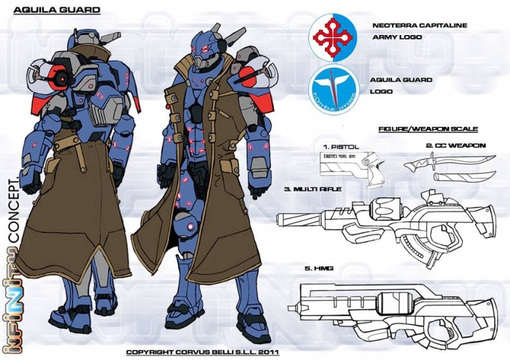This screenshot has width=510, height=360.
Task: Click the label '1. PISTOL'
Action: click(342, 147)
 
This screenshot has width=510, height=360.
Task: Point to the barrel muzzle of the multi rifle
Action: click(279, 220)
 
